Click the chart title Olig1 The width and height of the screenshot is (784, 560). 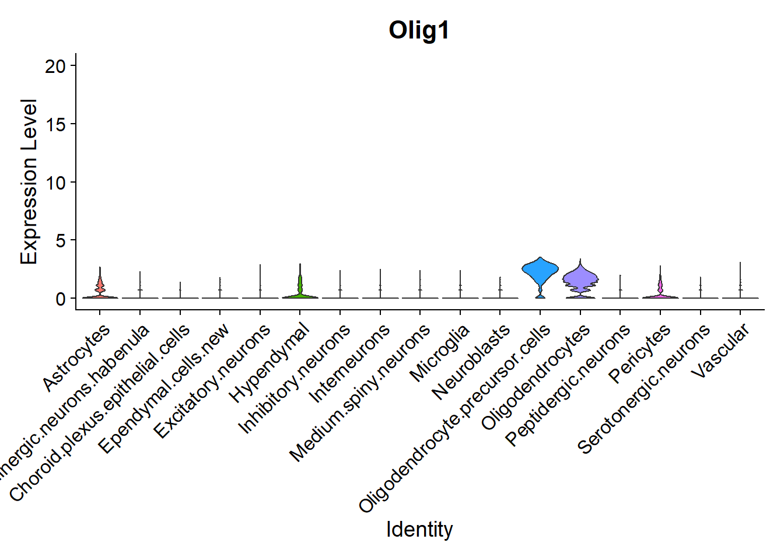click(x=419, y=30)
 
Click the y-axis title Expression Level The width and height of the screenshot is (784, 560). click(x=29, y=181)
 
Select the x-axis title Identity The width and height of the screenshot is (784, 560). click(x=419, y=529)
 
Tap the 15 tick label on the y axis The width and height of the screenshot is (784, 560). click(x=56, y=124)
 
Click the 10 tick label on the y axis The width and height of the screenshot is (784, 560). click(x=56, y=182)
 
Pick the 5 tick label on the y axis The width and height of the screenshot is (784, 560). click(x=61, y=240)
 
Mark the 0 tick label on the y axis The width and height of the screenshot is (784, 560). click(x=61, y=299)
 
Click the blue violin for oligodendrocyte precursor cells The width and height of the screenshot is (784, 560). click(x=540, y=270)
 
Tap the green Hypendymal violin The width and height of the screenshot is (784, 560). click(x=300, y=286)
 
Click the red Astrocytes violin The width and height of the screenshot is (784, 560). click(x=100, y=286)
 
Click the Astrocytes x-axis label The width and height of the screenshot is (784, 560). click(x=77, y=356)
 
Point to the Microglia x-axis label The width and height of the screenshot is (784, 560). click(x=440, y=353)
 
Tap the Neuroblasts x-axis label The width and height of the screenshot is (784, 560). click(x=471, y=362)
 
